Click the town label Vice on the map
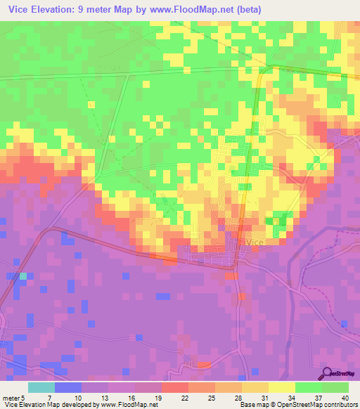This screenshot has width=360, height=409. [x=255, y=242]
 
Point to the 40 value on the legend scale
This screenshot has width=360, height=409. [x=344, y=377]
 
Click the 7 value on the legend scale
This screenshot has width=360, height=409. [x=50, y=377]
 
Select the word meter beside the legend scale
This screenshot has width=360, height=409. [x=10, y=377]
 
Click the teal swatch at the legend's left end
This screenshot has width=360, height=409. [x=41, y=387]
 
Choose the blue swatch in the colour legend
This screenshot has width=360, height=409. [x=67, y=387]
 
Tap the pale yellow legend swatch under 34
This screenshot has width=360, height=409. [x=281, y=387]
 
